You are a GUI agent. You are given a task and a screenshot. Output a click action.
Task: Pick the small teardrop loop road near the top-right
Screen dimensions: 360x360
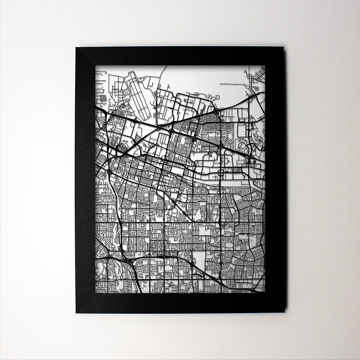[243, 144]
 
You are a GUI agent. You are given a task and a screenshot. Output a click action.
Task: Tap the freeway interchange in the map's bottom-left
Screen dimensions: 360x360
[125, 260]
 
